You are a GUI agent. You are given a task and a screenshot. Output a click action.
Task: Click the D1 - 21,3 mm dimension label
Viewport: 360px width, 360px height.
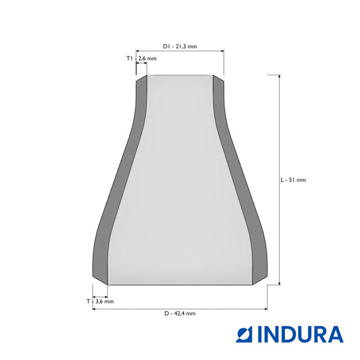(x=180, y=47)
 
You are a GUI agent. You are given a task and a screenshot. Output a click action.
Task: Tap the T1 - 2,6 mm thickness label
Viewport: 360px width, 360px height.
(x=141, y=58)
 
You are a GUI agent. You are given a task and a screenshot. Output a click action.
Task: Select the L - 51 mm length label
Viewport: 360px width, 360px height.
(x=293, y=180)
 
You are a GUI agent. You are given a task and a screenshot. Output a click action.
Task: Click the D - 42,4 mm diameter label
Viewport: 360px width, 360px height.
(x=180, y=313)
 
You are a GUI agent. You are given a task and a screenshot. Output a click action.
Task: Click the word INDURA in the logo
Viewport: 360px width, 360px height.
(x=300, y=334)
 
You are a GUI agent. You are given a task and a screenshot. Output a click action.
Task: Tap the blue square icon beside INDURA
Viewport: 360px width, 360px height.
(x=245, y=334)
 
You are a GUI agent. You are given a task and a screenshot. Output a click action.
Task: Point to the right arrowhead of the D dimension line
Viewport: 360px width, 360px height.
(x=265, y=308)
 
